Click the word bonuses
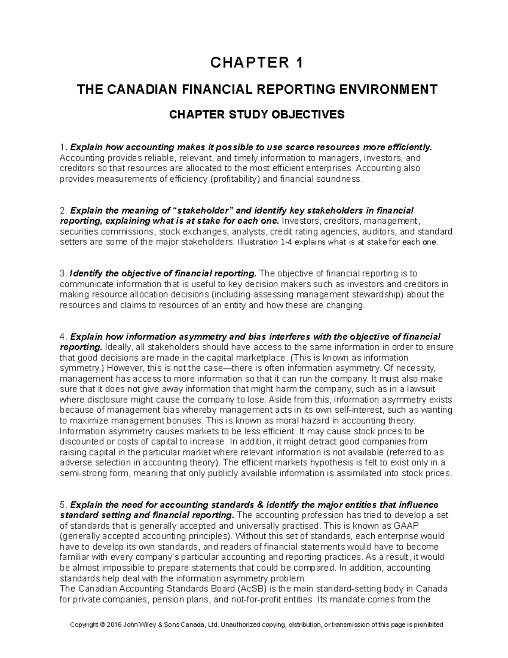click(185, 421)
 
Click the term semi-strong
click(82, 473)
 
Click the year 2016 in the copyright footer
click(113, 625)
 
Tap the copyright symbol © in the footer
click(102, 625)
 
